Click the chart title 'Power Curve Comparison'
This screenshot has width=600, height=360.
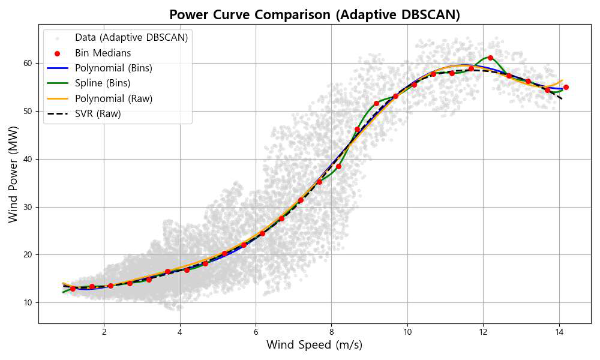click(x=314, y=15)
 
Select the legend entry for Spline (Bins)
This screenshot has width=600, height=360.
click(x=102, y=83)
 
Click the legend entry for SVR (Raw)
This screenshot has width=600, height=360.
click(x=98, y=113)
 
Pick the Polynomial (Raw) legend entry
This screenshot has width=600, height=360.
click(x=113, y=98)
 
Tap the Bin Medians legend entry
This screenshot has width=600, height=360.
click(x=103, y=53)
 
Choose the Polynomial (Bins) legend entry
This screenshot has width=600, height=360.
click(x=113, y=68)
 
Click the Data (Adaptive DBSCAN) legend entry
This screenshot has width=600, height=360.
click(x=131, y=38)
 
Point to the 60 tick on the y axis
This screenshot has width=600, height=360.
click(x=28, y=64)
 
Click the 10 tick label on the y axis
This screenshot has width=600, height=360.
click(x=28, y=303)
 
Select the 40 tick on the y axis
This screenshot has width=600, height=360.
click(x=28, y=159)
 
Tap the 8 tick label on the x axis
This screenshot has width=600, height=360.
click(x=331, y=332)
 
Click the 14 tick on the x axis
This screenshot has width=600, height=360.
click(x=559, y=332)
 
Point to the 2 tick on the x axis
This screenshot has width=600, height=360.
click(x=104, y=332)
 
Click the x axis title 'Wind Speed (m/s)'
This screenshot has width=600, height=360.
click(x=314, y=345)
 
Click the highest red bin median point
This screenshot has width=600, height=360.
click(x=490, y=58)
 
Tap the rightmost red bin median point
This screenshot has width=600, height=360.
click(x=566, y=87)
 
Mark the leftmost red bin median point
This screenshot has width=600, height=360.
click(x=73, y=289)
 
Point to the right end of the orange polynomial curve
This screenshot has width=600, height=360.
click(x=562, y=80)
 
